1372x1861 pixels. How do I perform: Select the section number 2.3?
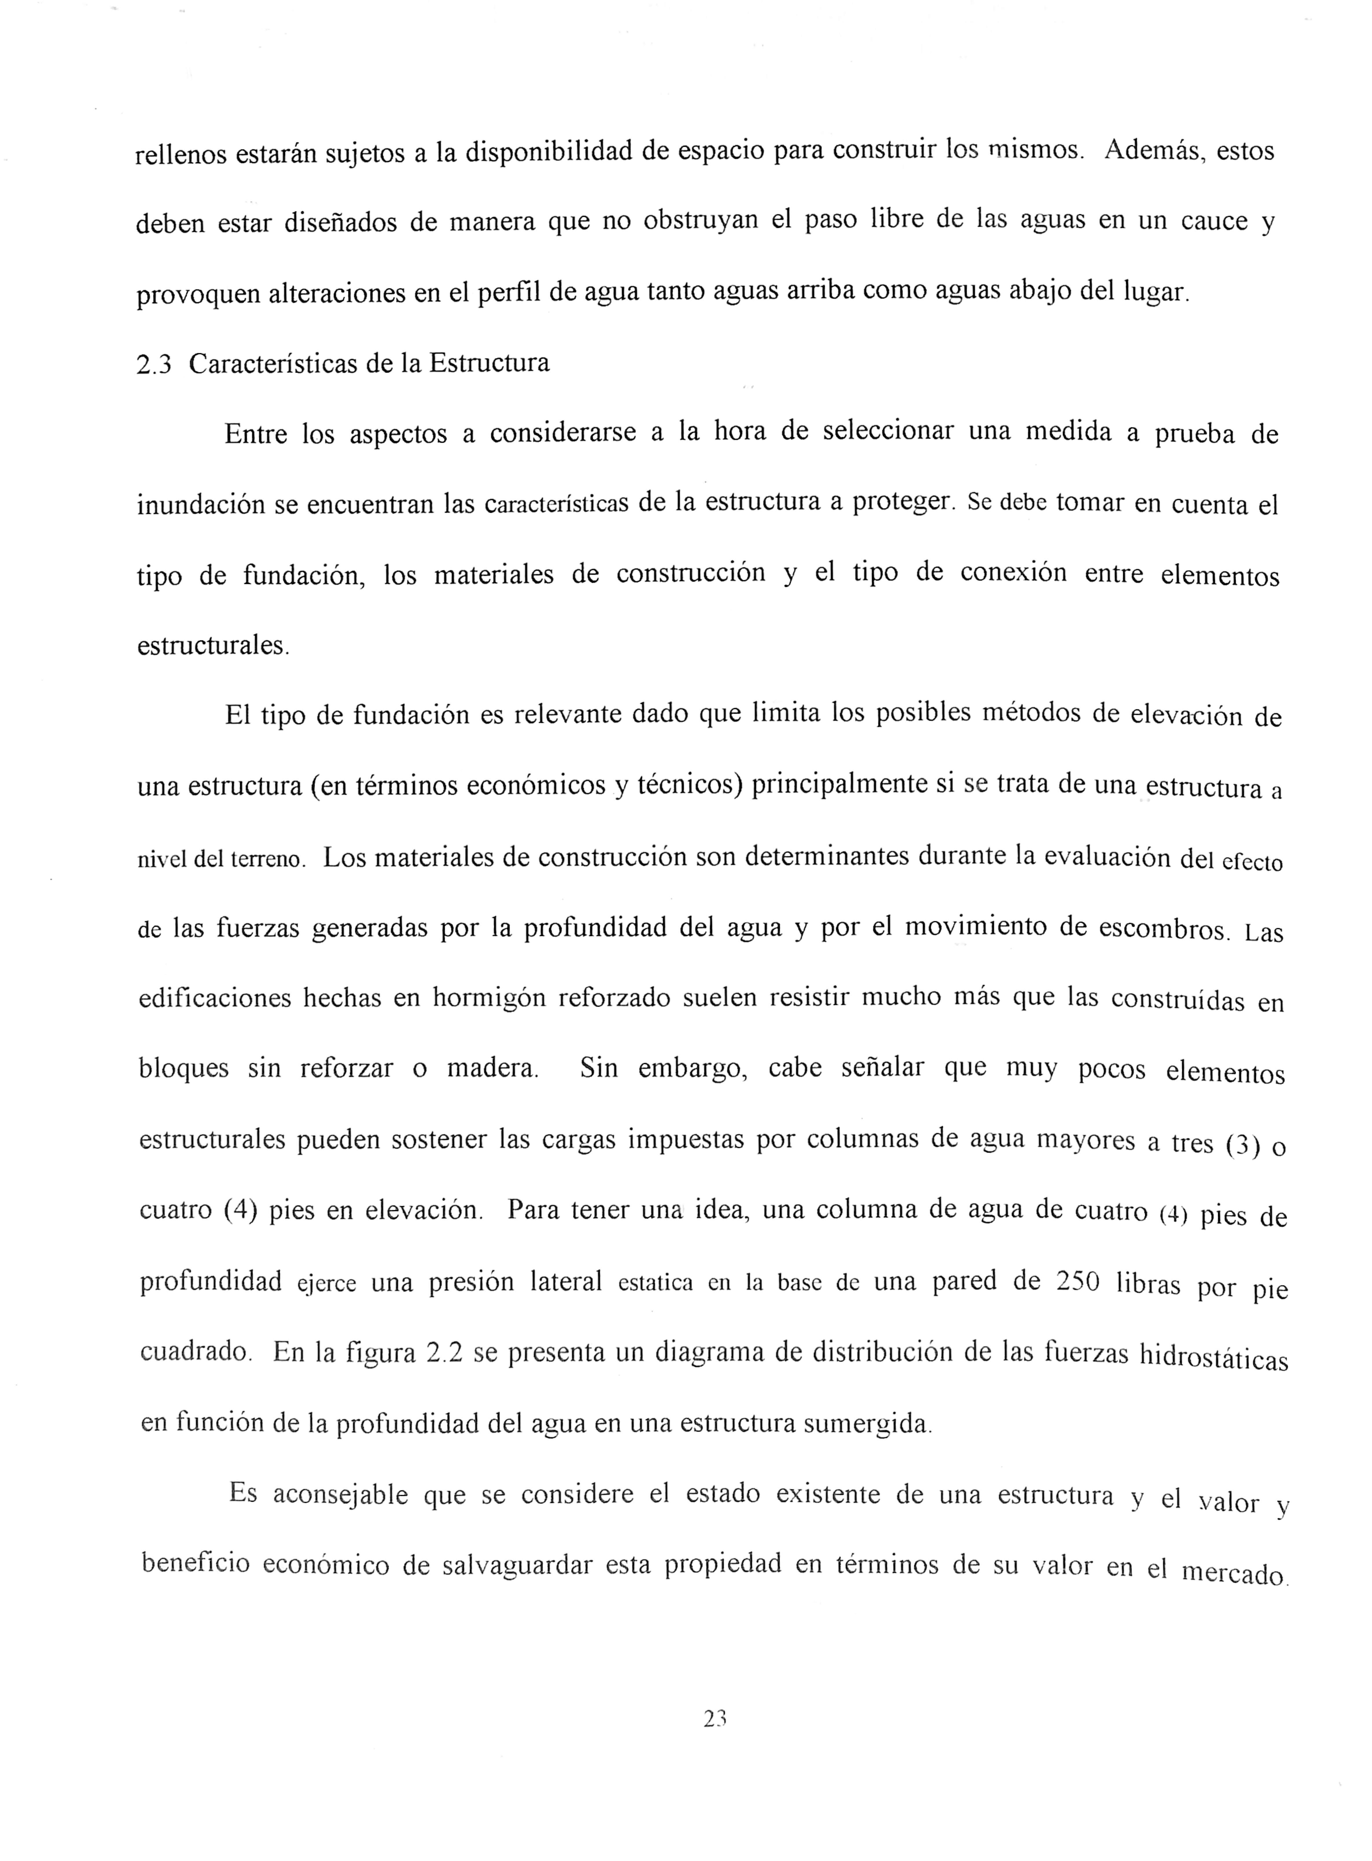tap(154, 364)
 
